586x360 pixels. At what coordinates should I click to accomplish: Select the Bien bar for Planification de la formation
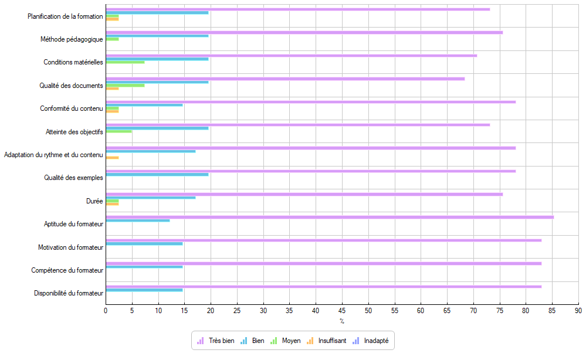157,12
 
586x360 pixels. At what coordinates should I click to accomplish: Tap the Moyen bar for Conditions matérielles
125,62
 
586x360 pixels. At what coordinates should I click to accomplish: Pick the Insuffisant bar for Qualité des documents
112,89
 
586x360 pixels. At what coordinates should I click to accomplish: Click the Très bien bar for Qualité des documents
285,79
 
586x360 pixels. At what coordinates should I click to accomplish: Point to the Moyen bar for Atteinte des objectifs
118,131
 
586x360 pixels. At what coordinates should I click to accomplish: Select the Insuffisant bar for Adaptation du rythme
112,158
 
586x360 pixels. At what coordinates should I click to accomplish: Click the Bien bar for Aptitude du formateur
138,220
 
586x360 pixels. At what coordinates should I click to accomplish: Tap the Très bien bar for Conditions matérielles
291,55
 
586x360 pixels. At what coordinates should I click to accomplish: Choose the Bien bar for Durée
151,198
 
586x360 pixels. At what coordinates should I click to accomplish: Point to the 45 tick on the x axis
342,311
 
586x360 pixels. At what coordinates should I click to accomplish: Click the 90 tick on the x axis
578,311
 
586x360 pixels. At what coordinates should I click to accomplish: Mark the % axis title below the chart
342,321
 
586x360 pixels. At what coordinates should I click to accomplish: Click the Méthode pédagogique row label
72,39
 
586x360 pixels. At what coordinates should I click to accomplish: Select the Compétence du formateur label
67,270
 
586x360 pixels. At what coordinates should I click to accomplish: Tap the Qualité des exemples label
73,178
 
